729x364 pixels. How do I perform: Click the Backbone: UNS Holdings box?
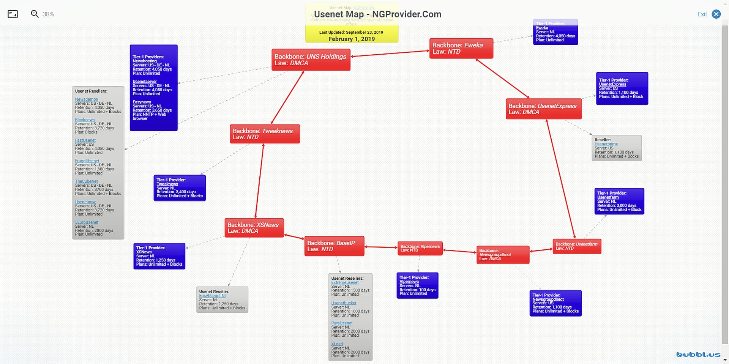coord(311,60)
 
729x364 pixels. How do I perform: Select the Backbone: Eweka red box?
coord(461,49)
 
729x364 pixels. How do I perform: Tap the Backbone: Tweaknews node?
coord(265,134)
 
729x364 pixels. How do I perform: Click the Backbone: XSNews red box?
coord(254,228)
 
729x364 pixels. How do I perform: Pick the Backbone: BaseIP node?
coord(334,246)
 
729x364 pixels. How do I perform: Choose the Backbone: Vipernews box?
coord(420,248)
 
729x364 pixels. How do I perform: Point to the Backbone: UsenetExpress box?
coord(543,109)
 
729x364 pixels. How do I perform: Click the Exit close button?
coord(716,14)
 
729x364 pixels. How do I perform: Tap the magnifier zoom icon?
coord(35,14)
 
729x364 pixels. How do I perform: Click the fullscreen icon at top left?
coord(13,14)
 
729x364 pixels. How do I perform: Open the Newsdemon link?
coord(87,99)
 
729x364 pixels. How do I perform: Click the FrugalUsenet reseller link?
coord(87,161)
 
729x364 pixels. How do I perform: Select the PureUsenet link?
coord(342,323)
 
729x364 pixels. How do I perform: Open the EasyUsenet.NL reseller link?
coord(212,296)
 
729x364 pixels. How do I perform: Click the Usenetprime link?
coord(606,144)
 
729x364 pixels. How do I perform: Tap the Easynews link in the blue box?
coord(142,102)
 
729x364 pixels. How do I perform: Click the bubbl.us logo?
coord(698,355)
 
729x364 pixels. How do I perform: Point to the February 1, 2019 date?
coord(352,39)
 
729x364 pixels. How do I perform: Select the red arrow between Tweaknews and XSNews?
coord(259,181)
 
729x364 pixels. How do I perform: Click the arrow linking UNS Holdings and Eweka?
coord(390,54)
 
